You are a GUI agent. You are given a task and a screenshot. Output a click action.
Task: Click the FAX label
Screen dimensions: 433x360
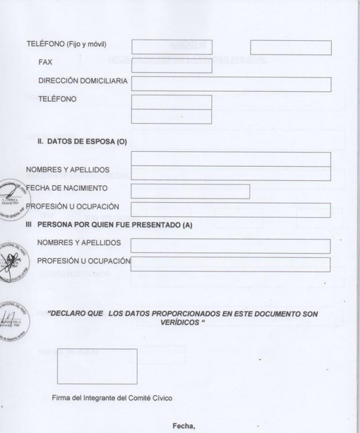[x=46, y=62]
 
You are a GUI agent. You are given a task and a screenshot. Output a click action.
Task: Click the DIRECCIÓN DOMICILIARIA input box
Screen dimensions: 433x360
[x=231, y=85]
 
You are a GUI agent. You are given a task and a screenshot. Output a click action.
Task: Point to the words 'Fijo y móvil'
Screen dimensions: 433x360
[x=89, y=44]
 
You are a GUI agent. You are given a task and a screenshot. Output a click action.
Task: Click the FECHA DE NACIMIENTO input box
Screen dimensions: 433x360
[x=190, y=191]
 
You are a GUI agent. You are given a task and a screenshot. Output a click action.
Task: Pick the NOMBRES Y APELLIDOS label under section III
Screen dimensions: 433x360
[x=79, y=242]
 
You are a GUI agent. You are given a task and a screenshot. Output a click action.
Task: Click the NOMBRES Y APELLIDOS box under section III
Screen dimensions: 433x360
[x=230, y=246]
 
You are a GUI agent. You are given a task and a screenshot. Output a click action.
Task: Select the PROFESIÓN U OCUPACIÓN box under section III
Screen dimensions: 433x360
[x=230, y=264]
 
